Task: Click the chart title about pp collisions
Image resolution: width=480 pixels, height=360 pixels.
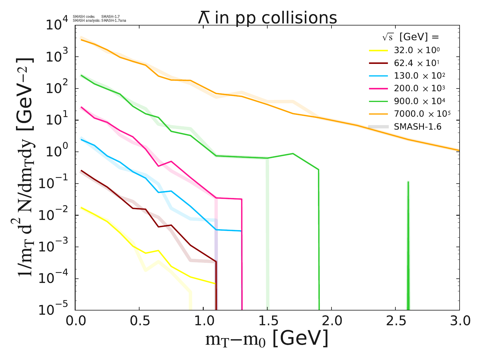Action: [267, 18]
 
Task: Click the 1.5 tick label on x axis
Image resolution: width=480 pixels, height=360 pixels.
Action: [267, 321]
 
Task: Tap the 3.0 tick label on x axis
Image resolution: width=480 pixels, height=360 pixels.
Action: [459, 321]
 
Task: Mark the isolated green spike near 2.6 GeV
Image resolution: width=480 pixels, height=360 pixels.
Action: [408, 240]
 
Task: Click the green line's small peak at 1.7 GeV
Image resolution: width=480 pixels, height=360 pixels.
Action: [293, 154]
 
